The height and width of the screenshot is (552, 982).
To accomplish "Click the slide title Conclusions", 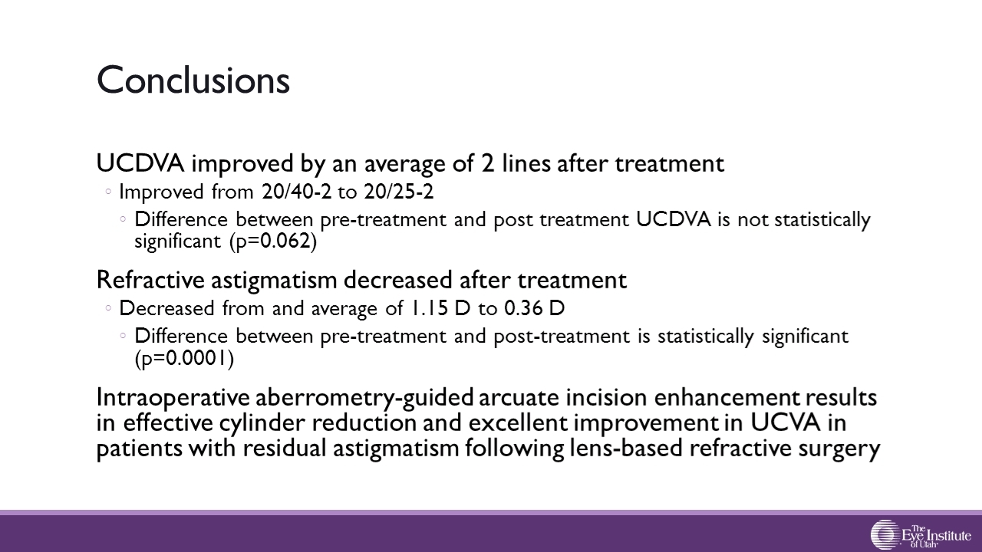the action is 193,80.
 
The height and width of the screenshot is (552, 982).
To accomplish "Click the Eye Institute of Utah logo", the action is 921,534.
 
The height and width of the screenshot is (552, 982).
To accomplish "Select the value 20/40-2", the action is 297,192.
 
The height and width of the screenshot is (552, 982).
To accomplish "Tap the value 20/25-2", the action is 398,192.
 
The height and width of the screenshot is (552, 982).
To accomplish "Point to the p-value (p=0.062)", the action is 273,242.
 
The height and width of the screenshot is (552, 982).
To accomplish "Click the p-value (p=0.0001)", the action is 185,358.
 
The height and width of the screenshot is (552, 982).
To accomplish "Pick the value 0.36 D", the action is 535,308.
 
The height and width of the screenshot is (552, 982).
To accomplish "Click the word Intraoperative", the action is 173,398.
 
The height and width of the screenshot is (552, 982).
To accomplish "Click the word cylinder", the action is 262,423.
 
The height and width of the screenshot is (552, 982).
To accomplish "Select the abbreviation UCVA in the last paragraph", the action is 786,422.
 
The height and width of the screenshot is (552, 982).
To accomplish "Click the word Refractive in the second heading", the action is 150,280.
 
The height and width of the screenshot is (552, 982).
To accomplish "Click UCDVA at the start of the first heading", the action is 140,163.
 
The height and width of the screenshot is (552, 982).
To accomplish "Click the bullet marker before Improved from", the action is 108,192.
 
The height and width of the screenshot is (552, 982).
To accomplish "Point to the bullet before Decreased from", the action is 108,308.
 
